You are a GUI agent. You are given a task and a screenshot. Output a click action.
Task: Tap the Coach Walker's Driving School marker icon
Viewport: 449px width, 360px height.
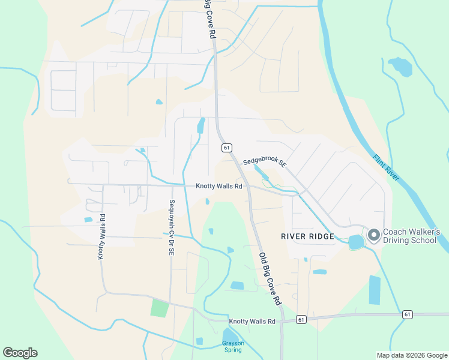(373, 235)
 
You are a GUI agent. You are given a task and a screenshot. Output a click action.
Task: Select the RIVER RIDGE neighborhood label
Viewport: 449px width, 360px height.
(307, 236)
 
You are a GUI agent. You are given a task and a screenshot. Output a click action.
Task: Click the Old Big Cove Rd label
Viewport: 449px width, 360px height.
(270, 277)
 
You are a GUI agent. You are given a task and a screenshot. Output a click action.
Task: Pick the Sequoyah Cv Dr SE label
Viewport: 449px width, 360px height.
(172, 228)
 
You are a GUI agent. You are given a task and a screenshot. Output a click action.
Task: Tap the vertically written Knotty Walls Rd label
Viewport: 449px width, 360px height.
(102, 237)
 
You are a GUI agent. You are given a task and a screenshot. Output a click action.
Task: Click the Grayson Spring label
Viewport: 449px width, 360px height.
(232, 347)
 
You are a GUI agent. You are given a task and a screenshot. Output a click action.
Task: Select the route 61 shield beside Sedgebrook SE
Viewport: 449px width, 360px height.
(226, 148)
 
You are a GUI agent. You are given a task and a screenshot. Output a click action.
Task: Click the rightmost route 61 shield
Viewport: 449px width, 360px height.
(408, 314)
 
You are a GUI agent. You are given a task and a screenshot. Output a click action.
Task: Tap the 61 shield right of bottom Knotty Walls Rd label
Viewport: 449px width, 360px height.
(301, 320)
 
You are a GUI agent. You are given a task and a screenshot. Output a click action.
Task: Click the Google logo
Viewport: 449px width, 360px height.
(20, 353)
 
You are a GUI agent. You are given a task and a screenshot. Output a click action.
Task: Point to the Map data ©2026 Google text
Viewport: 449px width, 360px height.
(411, 355)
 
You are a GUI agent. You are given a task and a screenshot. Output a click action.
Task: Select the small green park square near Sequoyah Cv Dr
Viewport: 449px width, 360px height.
(160, 308)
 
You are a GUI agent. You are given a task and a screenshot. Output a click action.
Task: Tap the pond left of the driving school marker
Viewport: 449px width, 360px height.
(356, 242)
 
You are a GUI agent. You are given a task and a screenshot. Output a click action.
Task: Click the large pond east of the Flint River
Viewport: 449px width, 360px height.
(400, 67)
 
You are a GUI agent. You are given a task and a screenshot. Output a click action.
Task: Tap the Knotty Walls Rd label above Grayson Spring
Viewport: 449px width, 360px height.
(252, 322)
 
